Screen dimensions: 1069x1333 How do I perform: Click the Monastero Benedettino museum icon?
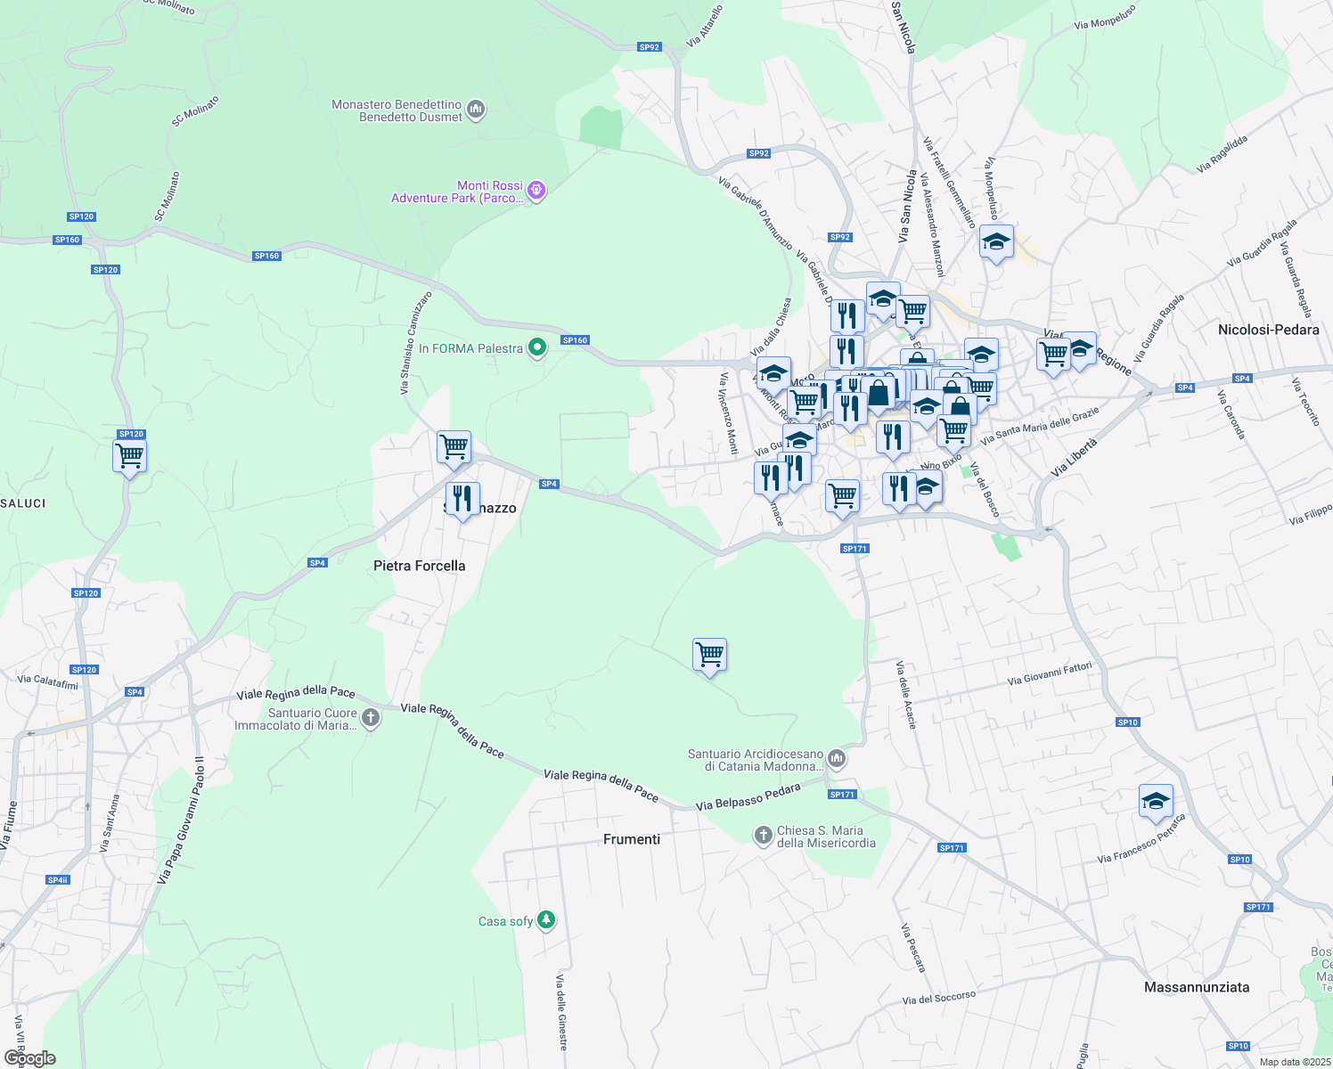click(476, 110)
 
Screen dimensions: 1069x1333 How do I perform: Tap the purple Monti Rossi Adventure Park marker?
click(536, 190)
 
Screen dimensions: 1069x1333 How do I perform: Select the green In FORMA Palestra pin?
click(536, 348)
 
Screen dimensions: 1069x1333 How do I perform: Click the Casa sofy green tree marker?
click(546, 920)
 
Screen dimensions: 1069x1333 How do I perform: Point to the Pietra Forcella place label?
click(419, 566)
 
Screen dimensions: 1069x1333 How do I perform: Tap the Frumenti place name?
click(632, 839)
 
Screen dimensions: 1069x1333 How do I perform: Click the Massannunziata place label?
click(1196, 987)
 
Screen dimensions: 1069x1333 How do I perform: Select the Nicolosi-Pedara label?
click(1268, 330)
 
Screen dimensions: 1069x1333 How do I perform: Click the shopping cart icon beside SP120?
click(130, 456)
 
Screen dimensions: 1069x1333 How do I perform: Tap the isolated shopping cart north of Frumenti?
click(709, 655)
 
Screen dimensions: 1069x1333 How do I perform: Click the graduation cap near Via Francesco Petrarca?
click(1156, 801)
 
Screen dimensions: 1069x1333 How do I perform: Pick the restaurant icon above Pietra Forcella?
click(462, 498)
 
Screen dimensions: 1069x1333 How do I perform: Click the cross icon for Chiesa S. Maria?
click(763, 836)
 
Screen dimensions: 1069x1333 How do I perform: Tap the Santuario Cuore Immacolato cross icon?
click(371, 718)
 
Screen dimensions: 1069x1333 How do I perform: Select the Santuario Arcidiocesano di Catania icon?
click(836, 759)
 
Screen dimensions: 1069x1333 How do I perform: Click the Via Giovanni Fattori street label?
click(1050, 674)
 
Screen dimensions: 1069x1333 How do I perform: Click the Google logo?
click(30, 1058)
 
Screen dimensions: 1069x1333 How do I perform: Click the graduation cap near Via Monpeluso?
click(996, 241)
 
